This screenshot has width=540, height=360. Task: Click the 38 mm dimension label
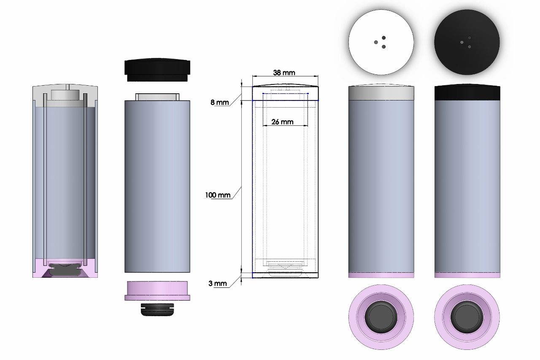pyautogui.click(x=284, y=73)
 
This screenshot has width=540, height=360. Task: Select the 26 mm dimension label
pyautogui.click(x=282, y=122)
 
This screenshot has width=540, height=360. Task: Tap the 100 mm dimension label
pyautogui.click(x=218, y=195)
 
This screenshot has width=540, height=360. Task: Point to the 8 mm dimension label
pyautogui.click(x=220, y=102)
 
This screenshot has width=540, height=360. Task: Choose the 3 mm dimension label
pyautogui.click(x=217, y=283)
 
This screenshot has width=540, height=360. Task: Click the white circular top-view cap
pyautogui.click(x=381, y=42)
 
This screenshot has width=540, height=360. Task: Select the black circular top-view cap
pyautogui.click(x=467, y=42)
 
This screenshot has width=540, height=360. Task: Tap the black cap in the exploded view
pyautogui.click(x=157, y=70)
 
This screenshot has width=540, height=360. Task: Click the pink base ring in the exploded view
pyautogui.click(x=157, y=291)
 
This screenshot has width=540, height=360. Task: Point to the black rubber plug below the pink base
pyautogui.click(x=157, y=310)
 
